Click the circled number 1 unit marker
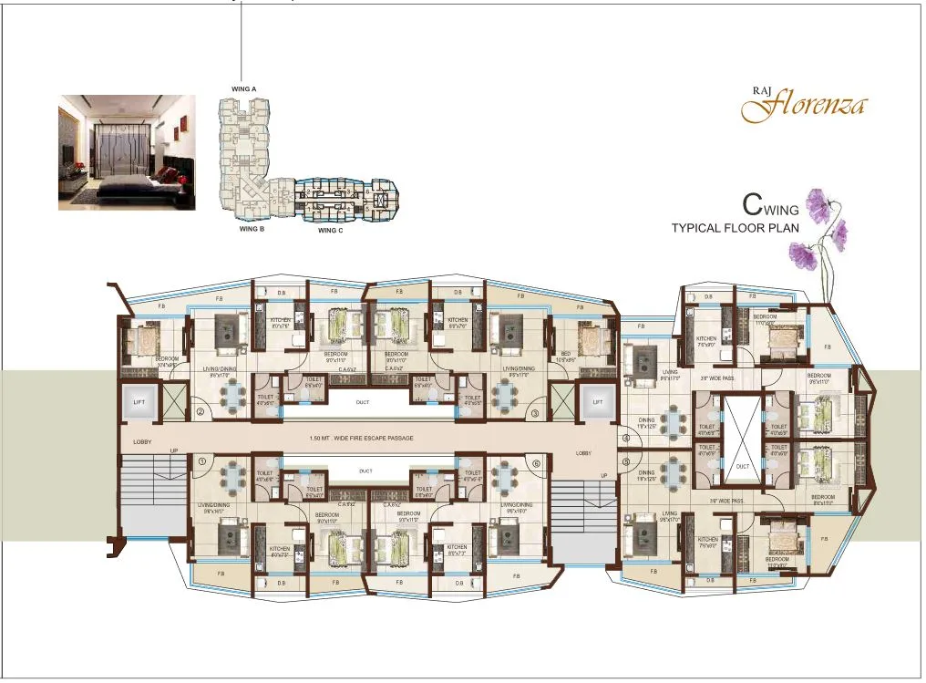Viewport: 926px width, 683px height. [201, 461]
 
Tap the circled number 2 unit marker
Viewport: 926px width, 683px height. [200, 413]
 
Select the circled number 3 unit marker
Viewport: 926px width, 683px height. [535, 413]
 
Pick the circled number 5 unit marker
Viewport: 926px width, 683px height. [626, 461]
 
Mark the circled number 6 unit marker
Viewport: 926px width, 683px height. [536, 461]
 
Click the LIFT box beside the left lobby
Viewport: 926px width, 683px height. [139, 401]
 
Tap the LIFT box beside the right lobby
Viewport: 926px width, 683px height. [598, 401]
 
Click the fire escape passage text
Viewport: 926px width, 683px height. [362, 439]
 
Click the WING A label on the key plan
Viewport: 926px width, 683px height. [242, 88]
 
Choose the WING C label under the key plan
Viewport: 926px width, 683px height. [330, 231]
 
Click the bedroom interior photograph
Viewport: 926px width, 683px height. [127, 152]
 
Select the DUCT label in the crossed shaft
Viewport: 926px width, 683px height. [742, 466]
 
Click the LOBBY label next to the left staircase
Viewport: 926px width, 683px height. [142, 441]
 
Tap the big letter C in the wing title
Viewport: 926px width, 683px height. [752, 203]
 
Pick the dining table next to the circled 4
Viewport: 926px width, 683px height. [673, 422]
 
